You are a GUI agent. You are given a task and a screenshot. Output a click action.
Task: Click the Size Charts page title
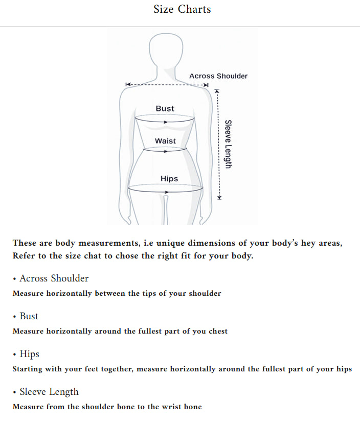(x=182, y=9)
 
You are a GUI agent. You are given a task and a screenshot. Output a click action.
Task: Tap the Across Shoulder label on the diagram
(x=218, y=76)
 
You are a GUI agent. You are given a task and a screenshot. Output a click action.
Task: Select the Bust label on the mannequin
(x=165, y=109)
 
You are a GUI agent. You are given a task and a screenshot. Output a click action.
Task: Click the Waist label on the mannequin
(x=165, y=141)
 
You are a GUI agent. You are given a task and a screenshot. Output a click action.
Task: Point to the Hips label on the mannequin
(x=169, y=179)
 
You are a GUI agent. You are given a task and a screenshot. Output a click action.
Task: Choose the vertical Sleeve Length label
(x=229, y=144)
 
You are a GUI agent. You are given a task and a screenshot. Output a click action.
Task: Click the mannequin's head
(x=165, y=51)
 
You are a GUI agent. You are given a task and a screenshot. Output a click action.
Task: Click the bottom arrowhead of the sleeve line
(x=219, y=197)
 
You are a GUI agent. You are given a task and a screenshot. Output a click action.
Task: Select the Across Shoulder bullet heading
(x=54, y=278)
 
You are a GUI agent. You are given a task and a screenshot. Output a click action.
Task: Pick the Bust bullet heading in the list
(x=29, y=316)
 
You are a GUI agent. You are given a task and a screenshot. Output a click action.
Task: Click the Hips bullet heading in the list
(x=29, y=354)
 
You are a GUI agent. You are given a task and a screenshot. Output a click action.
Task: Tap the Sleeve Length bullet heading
(x=49, y=392)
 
